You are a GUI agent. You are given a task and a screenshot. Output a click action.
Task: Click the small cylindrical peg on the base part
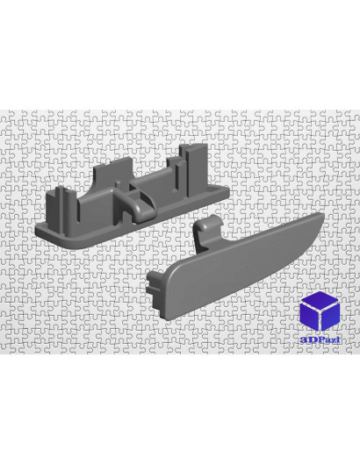tap(119, 184)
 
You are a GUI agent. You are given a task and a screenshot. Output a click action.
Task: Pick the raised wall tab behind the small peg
tap(112, 172)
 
